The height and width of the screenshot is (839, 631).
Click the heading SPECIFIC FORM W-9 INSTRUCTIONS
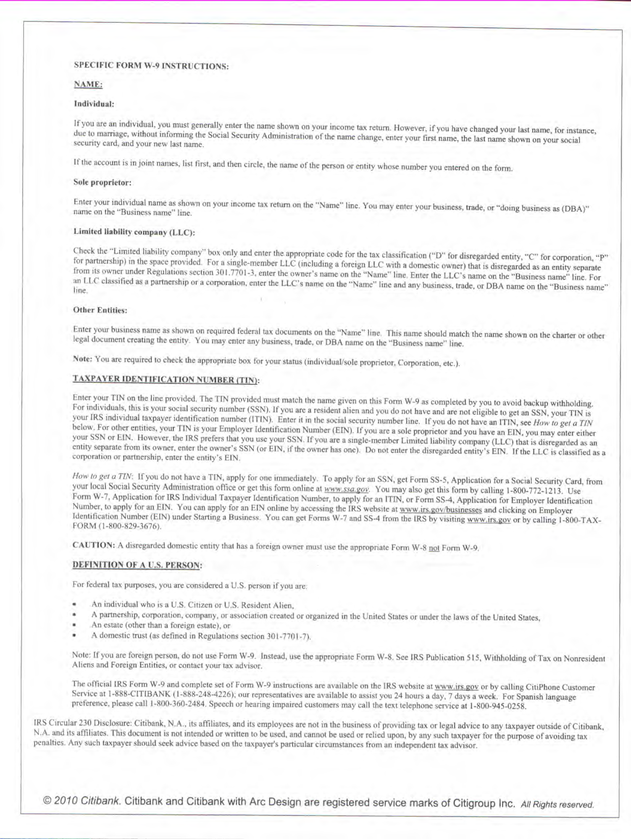tap(151, 66)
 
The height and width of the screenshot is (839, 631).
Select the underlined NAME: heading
tap(88, 84)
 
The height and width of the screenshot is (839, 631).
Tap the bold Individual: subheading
tap(94, 104)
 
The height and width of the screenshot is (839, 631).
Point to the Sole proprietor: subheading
tap(102, 182)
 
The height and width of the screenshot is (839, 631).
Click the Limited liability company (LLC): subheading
tap(134, 232)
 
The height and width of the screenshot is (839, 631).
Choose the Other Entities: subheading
tap(100, 310)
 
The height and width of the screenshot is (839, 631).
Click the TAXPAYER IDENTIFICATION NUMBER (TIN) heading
tap(166, 379)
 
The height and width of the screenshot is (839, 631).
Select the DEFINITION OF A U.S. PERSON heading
tap(136, 565)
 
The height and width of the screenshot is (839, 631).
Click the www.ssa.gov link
tap(346, 489)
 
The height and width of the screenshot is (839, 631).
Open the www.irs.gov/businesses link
tap(441, 510)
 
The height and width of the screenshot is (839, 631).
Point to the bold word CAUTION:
tap(94, 545)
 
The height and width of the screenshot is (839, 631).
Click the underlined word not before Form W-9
tap(434, 548)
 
